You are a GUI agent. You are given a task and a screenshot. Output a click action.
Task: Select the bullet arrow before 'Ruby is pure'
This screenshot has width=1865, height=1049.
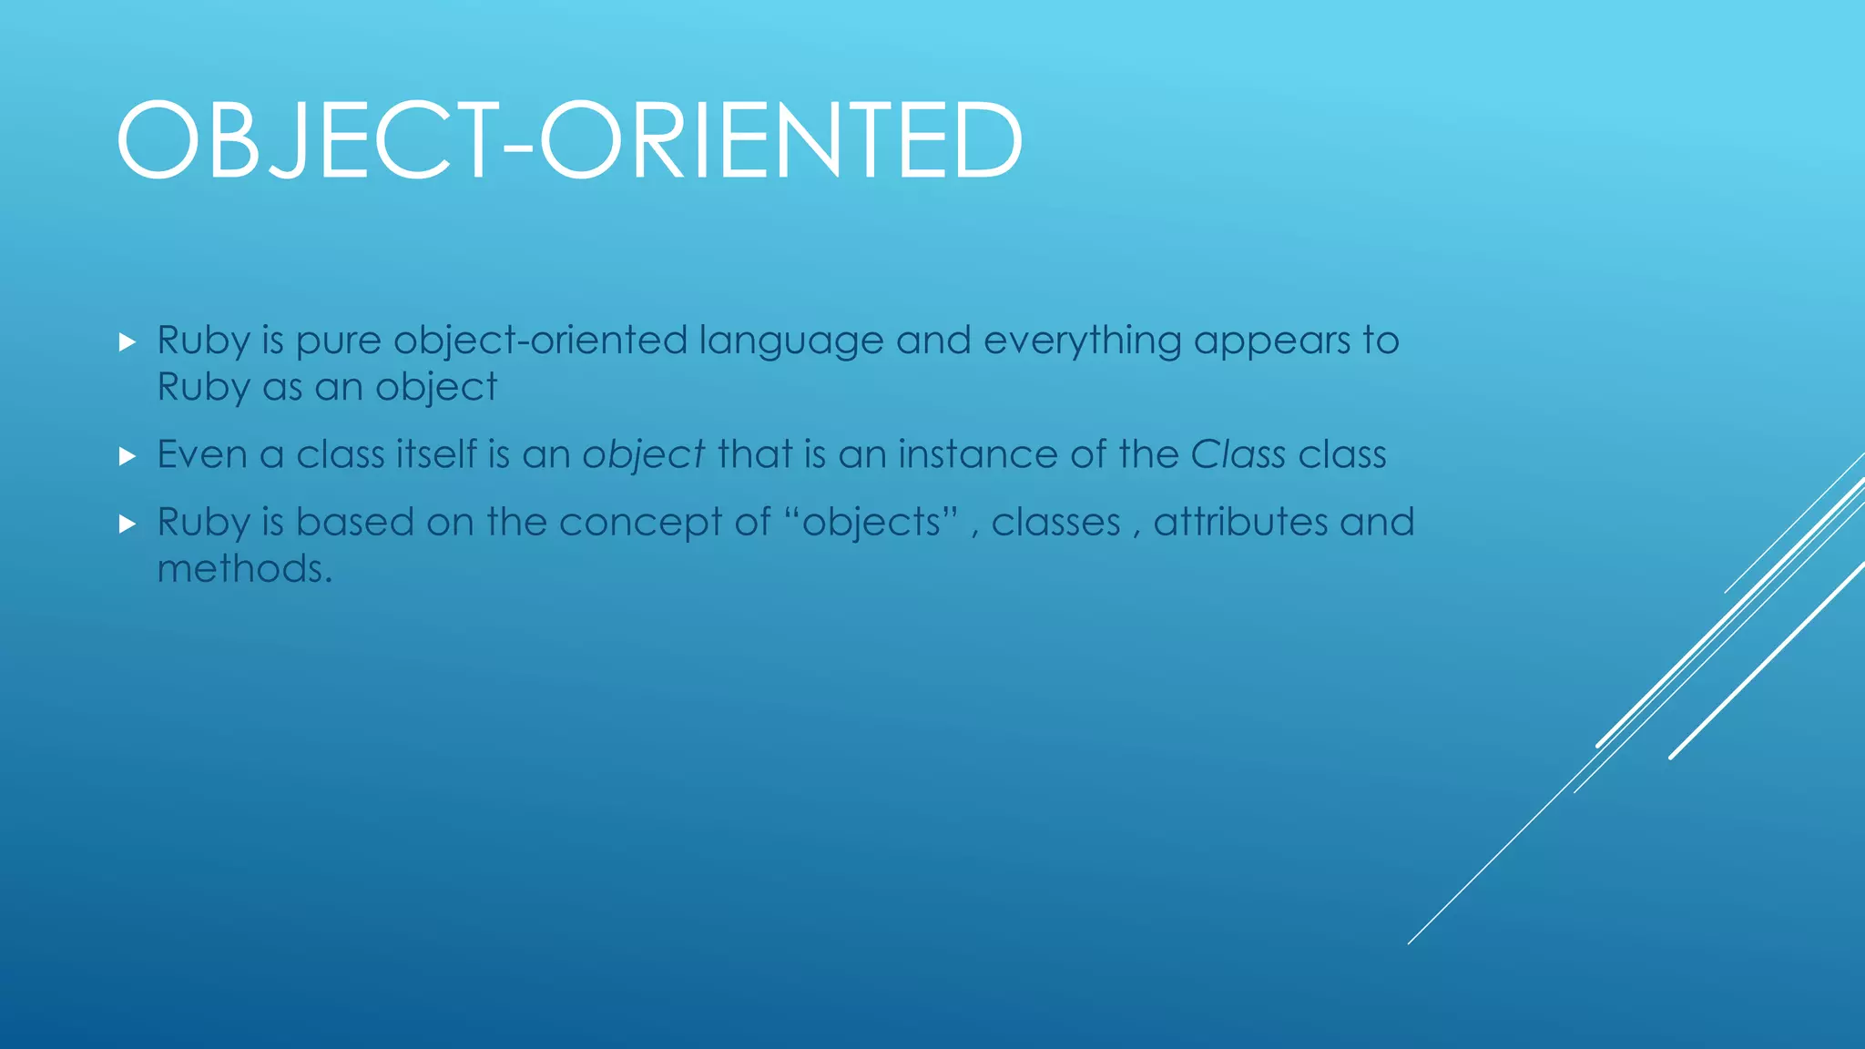(127, 342)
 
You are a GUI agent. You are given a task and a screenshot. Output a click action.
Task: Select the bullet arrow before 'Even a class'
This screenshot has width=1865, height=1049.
(127, 456)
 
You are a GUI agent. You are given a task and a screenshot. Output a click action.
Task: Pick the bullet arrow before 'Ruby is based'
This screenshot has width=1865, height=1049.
(127, 524)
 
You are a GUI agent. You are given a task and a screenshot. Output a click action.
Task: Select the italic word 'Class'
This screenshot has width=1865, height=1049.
(1238, 454)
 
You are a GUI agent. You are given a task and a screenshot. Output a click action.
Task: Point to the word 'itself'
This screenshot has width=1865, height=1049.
(436, 454)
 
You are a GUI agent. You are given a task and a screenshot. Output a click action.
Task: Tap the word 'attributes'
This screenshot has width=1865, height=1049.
(1240, 523)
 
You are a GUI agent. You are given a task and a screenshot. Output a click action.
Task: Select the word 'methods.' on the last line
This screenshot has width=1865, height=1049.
(244, 569)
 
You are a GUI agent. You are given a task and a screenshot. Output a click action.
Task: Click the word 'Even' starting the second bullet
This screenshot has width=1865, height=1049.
(202, 454)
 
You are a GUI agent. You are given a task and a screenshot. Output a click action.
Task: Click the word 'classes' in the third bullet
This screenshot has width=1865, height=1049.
(1055, 523)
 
